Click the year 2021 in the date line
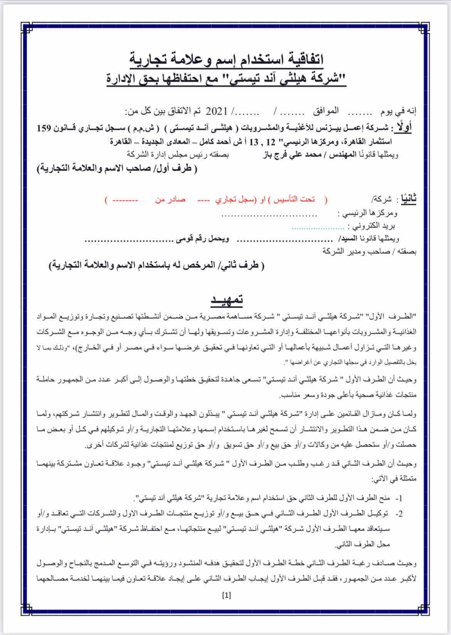(217, 112)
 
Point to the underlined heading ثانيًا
(409, 199)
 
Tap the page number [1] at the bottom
(227, 595)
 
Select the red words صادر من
(170, 200)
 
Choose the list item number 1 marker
(399, 498)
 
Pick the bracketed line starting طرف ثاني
(156, 266)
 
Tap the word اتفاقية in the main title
(301, 59)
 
